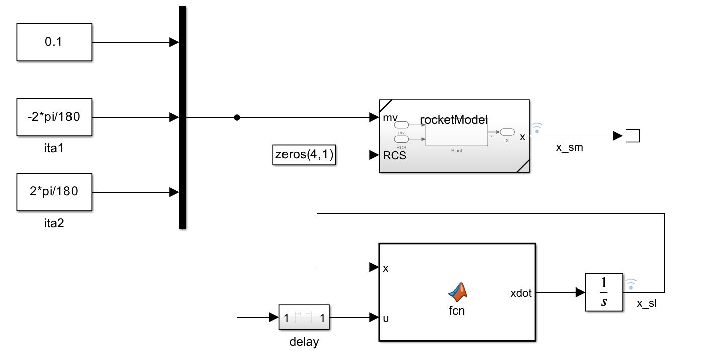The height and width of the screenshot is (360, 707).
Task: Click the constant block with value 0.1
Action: [54, 42]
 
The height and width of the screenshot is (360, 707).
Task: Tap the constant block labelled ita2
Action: [54, 192]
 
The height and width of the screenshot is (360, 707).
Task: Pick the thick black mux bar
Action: [182, 117]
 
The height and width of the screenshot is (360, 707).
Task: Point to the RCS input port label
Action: [394, 155]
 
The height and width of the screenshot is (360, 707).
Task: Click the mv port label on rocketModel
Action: [390, 118]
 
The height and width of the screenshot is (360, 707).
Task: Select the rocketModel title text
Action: [454, 119]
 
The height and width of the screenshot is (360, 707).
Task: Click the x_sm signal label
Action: [569, 147]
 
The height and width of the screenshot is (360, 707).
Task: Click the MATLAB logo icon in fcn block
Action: [457, 291]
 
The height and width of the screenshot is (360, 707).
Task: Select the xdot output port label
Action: [521, 292]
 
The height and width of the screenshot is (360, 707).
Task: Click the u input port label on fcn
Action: [386, 318]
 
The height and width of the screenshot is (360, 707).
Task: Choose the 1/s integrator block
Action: [604, 292]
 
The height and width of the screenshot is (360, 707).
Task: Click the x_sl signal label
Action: [647, 303]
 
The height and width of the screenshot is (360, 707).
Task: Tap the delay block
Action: [304, 318]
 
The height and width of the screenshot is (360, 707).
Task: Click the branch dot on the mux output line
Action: [237, 118]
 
